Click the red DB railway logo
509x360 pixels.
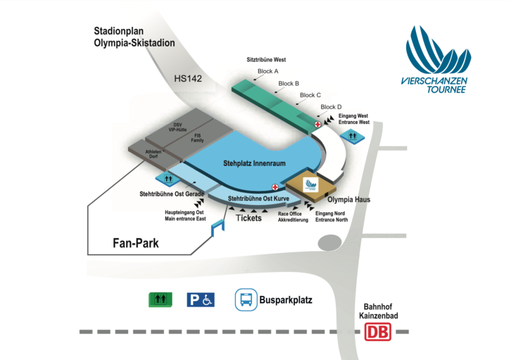click(x=378, y=332)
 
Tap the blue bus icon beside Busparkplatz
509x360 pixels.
click(x=246, y=300)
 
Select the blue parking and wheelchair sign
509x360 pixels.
click(x=200, y=300)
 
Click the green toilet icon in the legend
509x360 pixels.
click(x=160, y=300)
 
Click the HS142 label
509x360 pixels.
click(x=188, y=78)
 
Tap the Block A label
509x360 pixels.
click(x=268, y=71)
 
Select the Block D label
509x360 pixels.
click(x=331, y=107)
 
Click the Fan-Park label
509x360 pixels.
click(x=136, y=243)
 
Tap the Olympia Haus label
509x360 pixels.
click(x=349, y=200)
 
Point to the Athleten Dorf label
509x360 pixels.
click(x=153, y=154)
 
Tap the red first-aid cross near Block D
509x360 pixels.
click(x=318, y=125)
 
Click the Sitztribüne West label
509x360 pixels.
click(x=266, y=60)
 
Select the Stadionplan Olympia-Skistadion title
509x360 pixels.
click(x=134, y=37)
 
